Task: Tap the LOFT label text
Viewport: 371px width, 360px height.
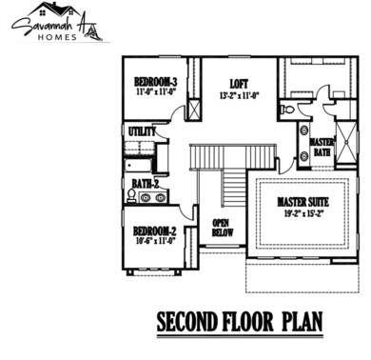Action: coord(238,84)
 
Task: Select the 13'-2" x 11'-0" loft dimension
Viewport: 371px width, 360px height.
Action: coord(238,94)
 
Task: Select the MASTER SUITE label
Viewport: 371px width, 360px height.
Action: coord(303,202)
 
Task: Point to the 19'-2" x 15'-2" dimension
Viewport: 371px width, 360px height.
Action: coord(303,213)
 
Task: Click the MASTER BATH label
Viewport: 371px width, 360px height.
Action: coord(322,147)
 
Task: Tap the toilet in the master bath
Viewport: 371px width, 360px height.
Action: coord(303,131)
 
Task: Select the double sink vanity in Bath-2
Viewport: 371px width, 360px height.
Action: coord(150,198)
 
